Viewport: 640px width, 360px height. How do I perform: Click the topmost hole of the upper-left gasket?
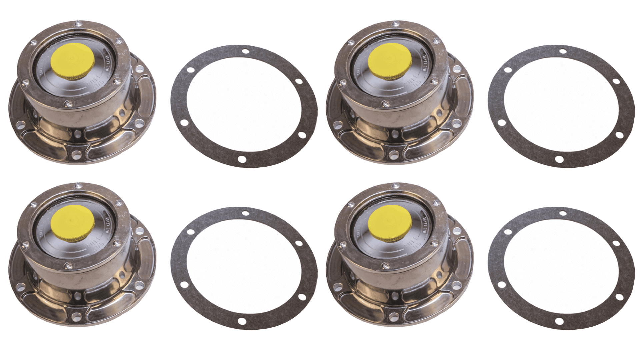246,51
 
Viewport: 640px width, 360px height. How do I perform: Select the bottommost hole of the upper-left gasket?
242,159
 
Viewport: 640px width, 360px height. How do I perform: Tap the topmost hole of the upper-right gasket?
563,51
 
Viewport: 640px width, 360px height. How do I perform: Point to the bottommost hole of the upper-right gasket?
559,159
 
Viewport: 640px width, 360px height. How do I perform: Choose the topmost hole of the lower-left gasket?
246,213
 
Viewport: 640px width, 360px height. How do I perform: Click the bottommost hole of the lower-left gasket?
242,321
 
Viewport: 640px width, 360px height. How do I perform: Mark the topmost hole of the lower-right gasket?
563,213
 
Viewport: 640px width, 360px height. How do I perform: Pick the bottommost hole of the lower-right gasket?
559,321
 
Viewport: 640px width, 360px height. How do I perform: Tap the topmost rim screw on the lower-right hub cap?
396,186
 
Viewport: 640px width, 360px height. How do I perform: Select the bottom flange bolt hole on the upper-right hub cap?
394,155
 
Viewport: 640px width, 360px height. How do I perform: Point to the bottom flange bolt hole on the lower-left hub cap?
77,317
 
